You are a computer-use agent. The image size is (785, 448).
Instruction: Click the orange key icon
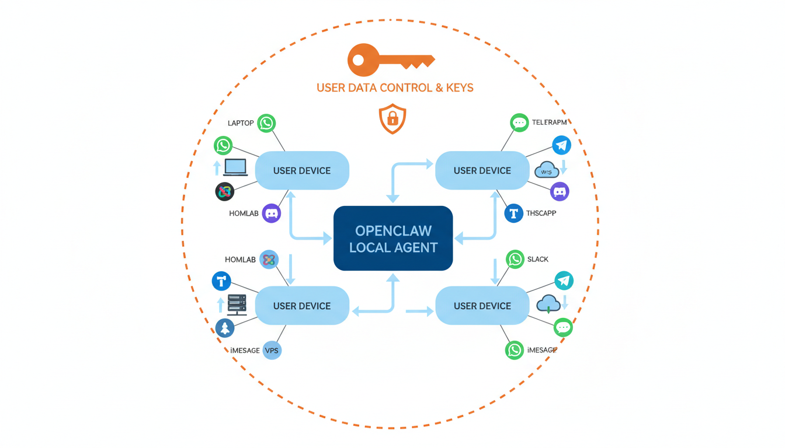[x=390, y=60]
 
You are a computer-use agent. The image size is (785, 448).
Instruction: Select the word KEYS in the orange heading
[x=458, y=88]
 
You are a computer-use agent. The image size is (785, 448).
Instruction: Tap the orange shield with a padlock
[x=392, y=119]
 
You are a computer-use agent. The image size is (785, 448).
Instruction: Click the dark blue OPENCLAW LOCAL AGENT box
[x=393, y=238]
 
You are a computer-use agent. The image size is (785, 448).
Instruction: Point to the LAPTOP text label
[x=241, y=123]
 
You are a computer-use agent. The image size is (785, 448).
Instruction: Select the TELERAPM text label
[x=550, y=123]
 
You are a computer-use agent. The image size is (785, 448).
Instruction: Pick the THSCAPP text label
[x=541, y=213]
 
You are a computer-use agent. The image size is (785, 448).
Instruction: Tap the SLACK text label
[x=538, y=259]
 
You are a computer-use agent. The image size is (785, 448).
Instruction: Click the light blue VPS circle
[x=272, y=350]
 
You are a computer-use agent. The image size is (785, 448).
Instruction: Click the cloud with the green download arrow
[x=548, y=303]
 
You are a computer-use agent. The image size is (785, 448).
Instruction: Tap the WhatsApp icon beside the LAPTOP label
[x=266, y=123]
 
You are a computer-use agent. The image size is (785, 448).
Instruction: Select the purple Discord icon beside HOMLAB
[x=272, y=213]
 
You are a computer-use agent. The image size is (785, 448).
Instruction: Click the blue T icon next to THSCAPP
[x=513, y=213]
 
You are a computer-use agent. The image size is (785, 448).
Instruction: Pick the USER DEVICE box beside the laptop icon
[x=302, y=170]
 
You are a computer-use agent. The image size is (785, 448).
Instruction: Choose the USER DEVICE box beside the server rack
[x=302, y=306]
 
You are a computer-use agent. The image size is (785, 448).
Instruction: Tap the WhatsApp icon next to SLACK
[x=515, y=259]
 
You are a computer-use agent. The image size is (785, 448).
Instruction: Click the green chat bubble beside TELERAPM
[x=519, y=123]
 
